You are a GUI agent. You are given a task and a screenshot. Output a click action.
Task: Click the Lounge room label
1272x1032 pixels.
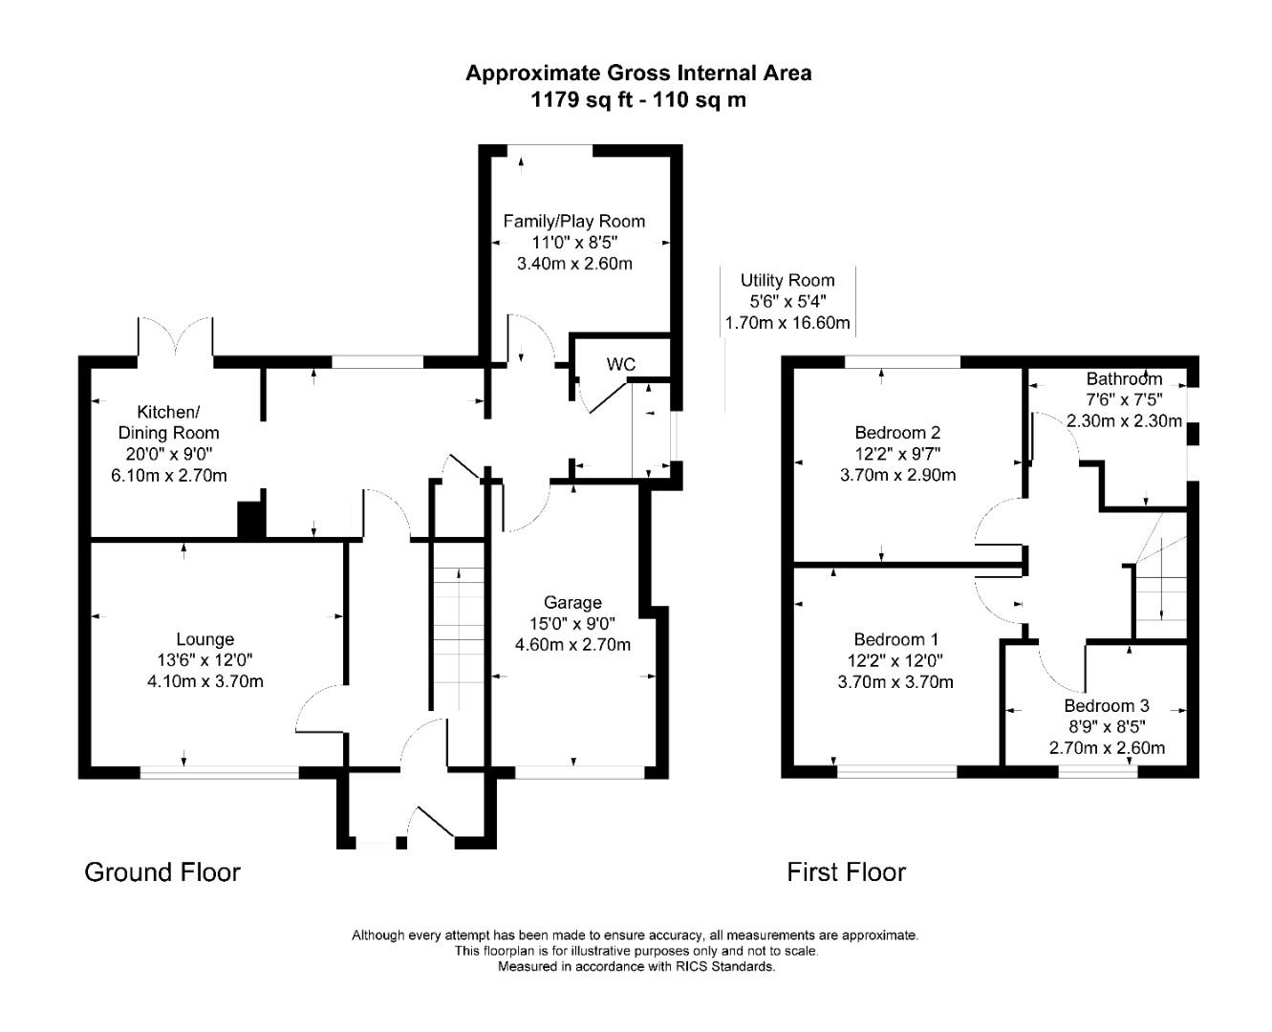(205, 639)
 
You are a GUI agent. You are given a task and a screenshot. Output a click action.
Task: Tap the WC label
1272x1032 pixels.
(621, 364)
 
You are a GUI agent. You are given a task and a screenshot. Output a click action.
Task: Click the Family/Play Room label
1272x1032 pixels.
(573, 221)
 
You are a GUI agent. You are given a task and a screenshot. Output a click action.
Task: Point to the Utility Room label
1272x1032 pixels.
(787, 280)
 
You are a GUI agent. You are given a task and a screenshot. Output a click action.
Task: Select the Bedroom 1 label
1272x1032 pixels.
(895, 639)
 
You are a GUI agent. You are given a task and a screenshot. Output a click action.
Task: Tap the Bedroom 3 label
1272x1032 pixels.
(1107, 705)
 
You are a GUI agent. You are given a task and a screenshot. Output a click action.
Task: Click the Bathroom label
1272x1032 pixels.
(1124, 378)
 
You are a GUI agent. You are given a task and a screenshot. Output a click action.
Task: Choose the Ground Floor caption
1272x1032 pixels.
(162, 871)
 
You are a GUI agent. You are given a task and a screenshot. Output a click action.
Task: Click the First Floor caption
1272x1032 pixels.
(846, 871)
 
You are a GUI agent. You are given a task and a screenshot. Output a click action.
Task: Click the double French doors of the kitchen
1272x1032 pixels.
(175, 339)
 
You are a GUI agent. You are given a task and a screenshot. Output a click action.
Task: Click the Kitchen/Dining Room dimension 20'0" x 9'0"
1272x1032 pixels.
(168, 454)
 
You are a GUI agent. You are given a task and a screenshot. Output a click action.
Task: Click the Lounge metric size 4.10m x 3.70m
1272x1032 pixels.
(205, 681)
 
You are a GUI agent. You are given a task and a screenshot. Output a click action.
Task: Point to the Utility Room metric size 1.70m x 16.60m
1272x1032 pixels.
(787, 322)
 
